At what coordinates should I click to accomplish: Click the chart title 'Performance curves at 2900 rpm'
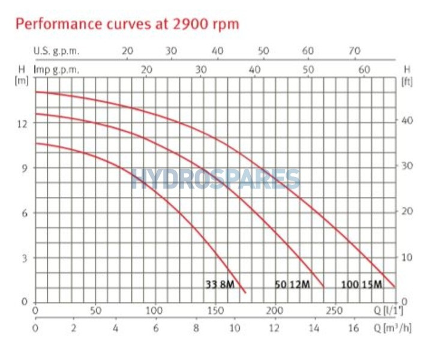point(127,24)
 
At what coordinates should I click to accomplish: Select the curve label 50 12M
point(292,285)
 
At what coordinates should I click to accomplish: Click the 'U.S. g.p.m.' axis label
point(56,51)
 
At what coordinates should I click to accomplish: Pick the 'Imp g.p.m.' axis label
point(56,70)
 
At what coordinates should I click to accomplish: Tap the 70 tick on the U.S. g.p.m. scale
point(355,51)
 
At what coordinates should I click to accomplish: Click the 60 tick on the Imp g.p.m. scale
point(364,70)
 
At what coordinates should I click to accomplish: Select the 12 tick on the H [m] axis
point(23,122)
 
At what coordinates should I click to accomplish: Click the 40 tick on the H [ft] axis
point(407,120)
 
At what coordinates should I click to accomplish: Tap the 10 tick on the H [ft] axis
point(407,257)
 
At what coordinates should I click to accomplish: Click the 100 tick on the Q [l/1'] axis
point(155,311)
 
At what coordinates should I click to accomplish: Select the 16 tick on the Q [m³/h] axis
point(355,328)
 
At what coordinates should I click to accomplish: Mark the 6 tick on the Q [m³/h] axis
point(155,328)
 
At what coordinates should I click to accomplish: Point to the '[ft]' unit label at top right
point(407,81)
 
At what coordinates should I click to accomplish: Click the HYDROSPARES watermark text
point(216,179)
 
